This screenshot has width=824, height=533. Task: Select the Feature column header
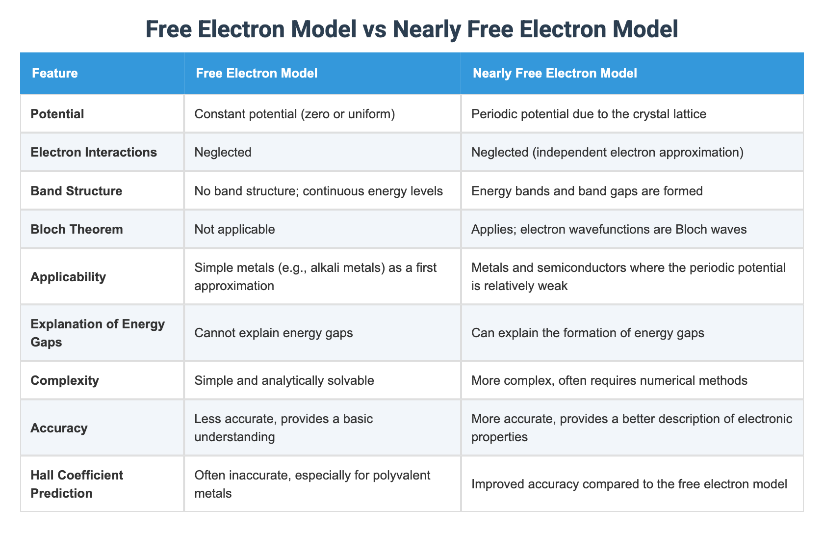coord(55,74)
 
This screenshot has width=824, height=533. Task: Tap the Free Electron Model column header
coord(257,74)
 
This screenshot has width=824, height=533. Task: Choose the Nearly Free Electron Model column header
coord(555,74)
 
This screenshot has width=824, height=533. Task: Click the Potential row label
coord(57,114)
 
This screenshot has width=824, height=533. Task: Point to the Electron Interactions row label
coord(94,152)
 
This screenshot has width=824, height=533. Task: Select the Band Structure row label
coord(77,190)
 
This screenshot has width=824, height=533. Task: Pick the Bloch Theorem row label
coord(77,229)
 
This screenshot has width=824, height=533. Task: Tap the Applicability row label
coord(68,277)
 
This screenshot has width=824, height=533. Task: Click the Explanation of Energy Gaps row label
coord(98,333)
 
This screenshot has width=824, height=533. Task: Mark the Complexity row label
coord(65,380)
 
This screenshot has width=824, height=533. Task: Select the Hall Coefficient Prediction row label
coord(77,484)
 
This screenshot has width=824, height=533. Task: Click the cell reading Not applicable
coord(234,229)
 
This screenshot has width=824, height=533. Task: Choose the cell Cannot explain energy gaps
coord(274,333)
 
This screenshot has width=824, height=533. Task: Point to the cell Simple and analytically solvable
coord(284,380)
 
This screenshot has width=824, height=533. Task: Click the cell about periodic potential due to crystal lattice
coord(589,114)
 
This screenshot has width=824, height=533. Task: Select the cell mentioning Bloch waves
coord(609,229)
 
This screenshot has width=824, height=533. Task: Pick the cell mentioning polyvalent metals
coord(312,484)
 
